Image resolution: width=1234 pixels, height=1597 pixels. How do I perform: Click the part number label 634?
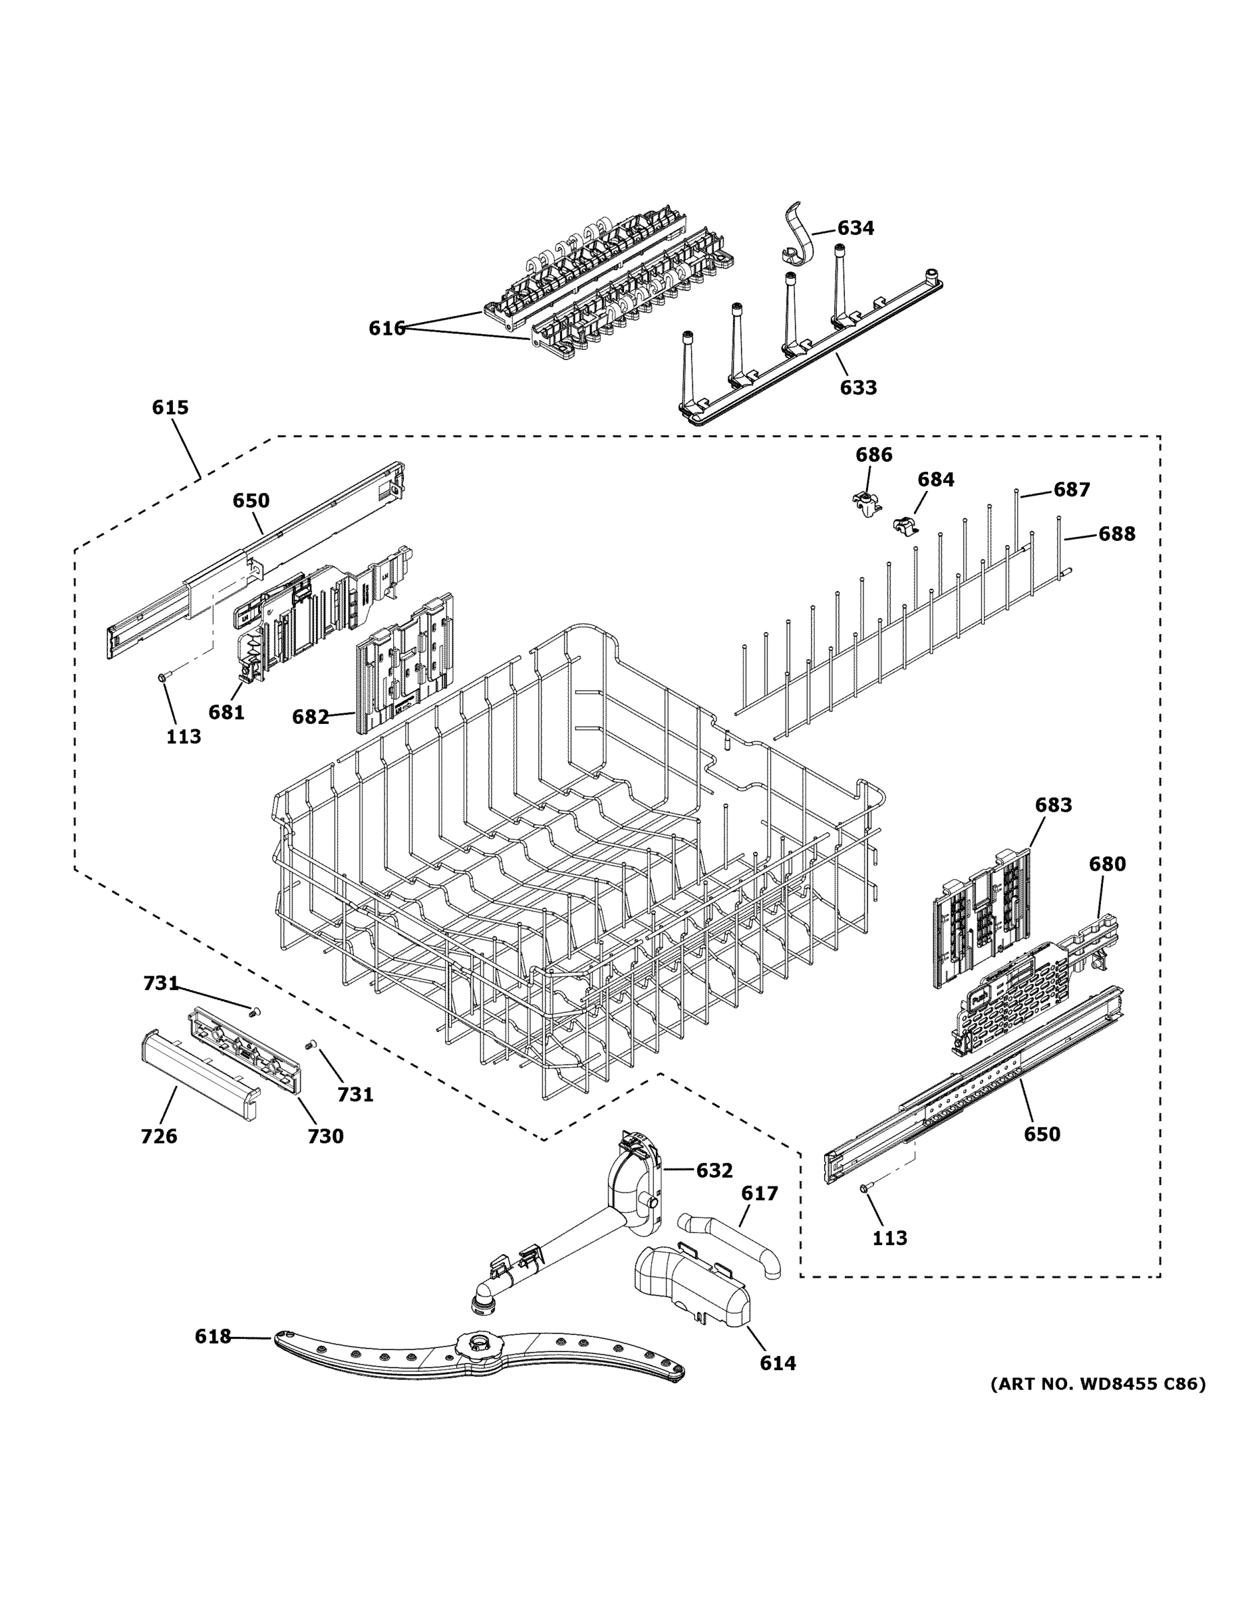coord(855,228)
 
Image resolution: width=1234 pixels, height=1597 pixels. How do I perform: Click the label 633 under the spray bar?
coord(857,387)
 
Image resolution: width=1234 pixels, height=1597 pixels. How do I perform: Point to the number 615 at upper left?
coord(170,407)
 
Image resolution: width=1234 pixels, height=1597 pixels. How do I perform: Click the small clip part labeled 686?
coord(865,503)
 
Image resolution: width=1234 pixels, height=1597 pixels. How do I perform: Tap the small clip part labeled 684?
coord(905,524)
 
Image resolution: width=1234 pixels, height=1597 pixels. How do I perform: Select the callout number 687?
coord(1071,489)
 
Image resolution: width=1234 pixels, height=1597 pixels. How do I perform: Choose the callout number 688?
coord(1116,534)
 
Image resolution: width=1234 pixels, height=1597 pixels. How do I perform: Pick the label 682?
coord(310,717)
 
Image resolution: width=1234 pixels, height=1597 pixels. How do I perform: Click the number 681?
coord(226,711)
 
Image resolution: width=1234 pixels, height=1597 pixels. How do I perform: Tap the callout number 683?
coord(1052,805)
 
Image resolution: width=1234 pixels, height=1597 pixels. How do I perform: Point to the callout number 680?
coord(1107,864)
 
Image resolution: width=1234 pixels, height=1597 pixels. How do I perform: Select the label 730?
coord(325,1136)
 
